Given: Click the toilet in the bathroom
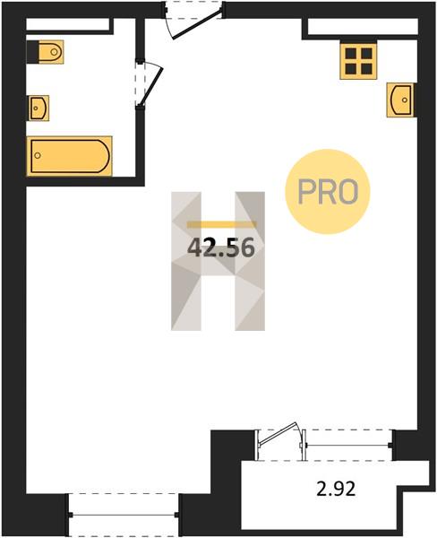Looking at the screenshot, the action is (46, 52).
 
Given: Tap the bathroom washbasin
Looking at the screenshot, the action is (39, 108).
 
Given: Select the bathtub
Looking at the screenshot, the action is (70, 156).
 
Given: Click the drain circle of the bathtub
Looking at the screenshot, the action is (38, 156).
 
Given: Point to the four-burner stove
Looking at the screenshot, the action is (359, 61).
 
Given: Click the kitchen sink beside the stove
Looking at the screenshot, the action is (400, 100).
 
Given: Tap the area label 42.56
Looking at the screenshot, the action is (221, 248).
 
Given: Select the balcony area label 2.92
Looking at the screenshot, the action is (336, 489).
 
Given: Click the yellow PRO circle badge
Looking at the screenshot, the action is (328, 192).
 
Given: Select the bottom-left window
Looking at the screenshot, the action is (124, 515).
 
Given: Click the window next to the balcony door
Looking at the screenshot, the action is (347, 446).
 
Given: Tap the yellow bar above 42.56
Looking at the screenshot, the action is (221, 225).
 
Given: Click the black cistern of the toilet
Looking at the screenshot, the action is (32, 52).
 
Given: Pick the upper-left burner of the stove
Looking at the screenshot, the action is (351, 54).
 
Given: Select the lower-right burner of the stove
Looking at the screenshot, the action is (367, 69).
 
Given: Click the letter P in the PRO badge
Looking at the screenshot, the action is (305, 192).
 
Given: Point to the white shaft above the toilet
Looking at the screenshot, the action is (67, 24).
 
